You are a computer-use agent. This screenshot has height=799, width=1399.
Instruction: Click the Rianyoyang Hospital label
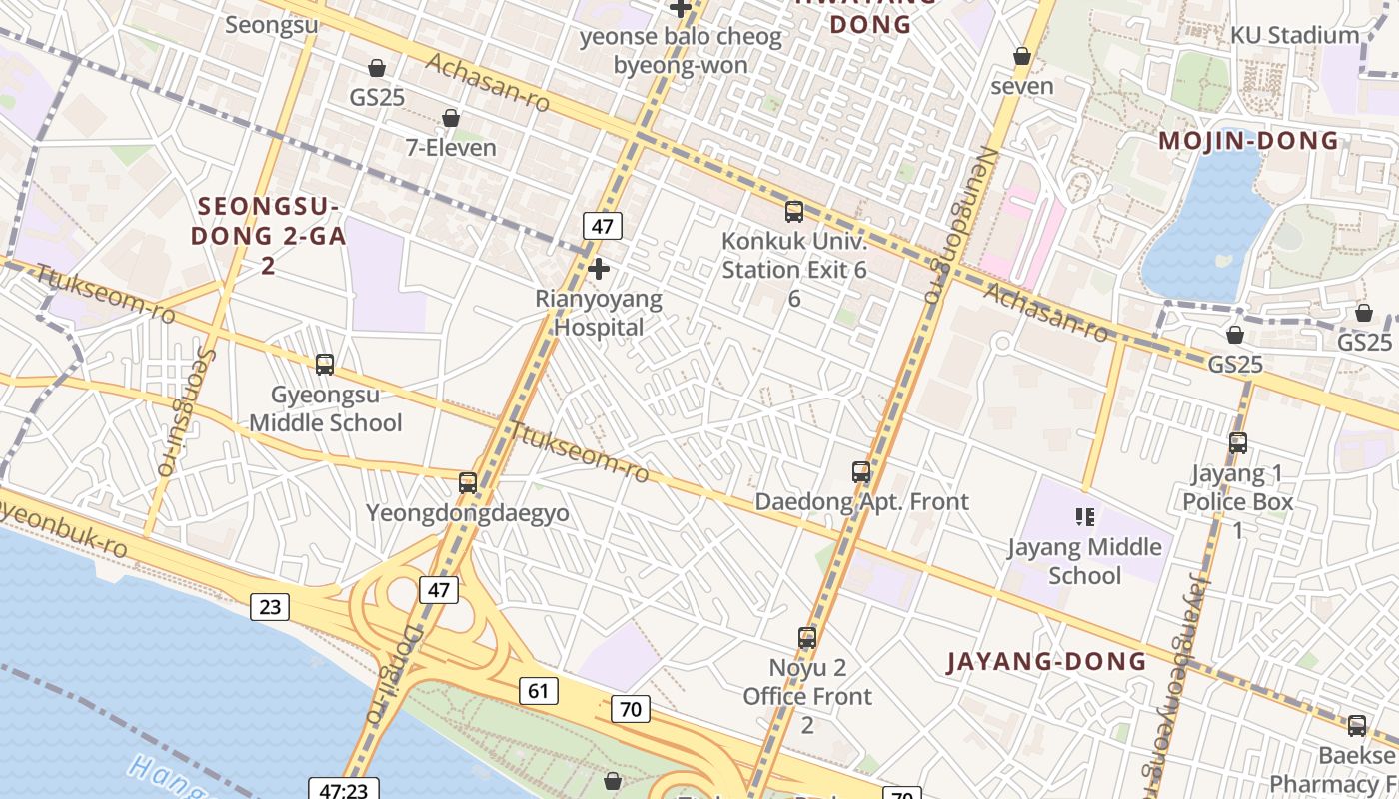pos(598,313)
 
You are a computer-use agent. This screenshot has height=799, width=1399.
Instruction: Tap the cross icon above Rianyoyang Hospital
pos(599,269)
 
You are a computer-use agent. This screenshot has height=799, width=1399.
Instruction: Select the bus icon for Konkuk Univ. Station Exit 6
pos(794,212)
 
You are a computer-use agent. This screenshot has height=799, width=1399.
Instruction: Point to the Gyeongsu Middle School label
pos(325,408)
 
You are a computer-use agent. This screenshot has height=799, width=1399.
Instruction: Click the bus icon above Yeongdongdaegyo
pos(468,483)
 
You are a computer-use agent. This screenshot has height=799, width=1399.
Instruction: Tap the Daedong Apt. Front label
pos(861,501)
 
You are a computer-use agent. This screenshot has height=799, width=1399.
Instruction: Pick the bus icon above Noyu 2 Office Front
pos(807,638)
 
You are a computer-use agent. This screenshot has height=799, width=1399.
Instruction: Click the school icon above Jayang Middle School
pos(1085,517)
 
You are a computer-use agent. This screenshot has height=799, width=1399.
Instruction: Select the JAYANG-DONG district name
pos(1046,661)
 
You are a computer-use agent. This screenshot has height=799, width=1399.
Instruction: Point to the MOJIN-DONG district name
pos(1248,141)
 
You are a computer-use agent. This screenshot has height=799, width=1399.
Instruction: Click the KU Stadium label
pos(1294,35)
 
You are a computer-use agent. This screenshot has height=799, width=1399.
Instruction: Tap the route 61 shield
pos(539,690)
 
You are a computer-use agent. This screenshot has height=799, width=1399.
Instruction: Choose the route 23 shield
pos(271,606)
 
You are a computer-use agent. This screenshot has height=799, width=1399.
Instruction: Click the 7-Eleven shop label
pos(451,148)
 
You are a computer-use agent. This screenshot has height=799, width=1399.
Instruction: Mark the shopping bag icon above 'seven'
pos(1022,56)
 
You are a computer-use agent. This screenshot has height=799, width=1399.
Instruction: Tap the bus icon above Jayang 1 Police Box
pos(1238,443)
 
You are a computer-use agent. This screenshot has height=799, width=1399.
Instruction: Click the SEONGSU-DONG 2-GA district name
pos(268,236)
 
